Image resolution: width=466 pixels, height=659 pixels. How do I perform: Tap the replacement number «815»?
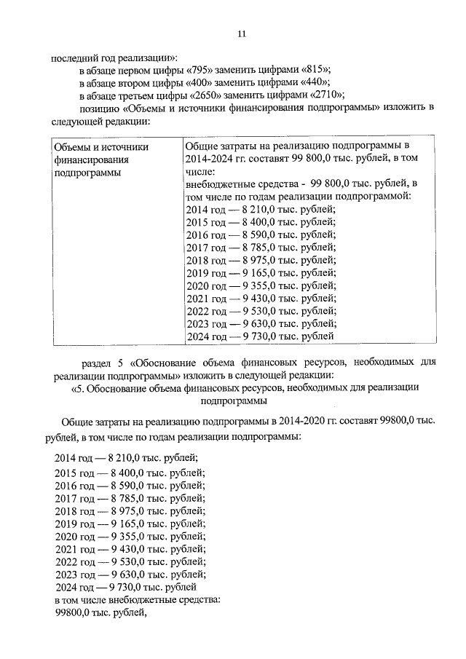[x=315, y=70]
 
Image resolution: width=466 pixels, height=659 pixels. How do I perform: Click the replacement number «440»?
[x=312, y=83]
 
